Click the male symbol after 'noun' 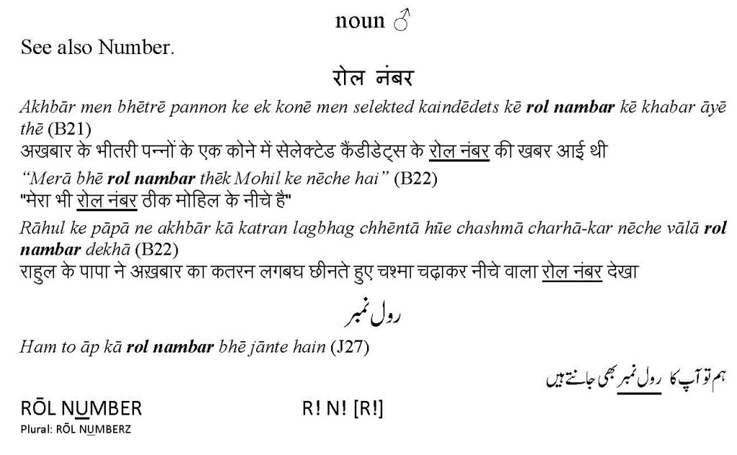(x=401, y=22)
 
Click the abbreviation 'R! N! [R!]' (x=343, y=409)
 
